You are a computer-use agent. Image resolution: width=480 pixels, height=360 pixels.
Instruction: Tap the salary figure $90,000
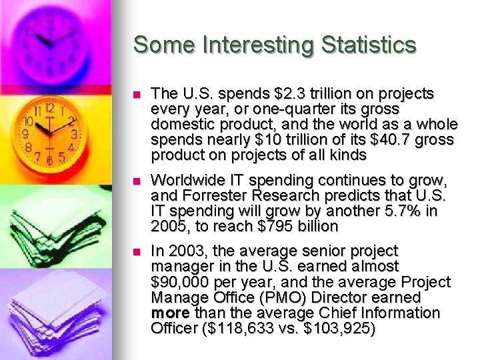click(177, 282)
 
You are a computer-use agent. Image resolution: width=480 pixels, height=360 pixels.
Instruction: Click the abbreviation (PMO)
click(271, 297)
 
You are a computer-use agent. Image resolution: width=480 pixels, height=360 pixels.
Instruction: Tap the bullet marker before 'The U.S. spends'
click(138, 94)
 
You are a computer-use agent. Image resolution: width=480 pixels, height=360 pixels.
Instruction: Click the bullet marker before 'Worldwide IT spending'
click(138, 181)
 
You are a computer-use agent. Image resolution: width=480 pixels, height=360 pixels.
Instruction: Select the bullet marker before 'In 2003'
click(138, 252)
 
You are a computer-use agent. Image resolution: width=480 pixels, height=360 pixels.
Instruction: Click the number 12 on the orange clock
click(49, 108)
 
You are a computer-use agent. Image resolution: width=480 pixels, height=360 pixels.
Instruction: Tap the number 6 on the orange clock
click(49, 161)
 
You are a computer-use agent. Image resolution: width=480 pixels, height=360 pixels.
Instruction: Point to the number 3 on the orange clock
click(74, 135)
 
